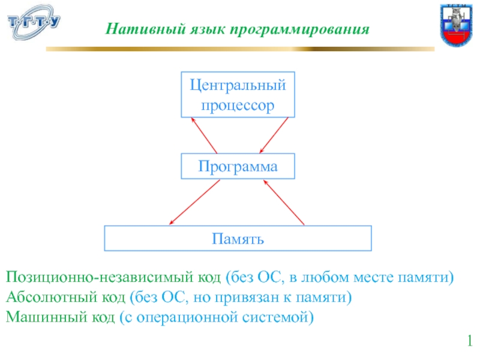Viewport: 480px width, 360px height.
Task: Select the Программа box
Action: (238, 166)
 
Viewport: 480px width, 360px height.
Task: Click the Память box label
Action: (238, 239)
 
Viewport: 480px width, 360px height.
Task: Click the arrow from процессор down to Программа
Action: (275, 135)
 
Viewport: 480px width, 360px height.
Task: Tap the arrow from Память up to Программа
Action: (284, 202)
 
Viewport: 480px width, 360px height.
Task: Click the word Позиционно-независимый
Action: (99, 278)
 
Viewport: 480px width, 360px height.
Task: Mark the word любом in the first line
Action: (318, 278)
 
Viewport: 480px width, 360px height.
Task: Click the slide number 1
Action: (470, 342)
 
